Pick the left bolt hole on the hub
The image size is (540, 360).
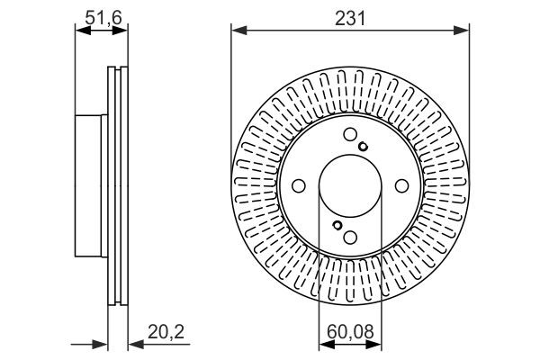[x=298, y=186]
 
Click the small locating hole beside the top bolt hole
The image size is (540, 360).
[x=362, y=148]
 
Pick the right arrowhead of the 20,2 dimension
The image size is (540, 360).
[x=130, y=343]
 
